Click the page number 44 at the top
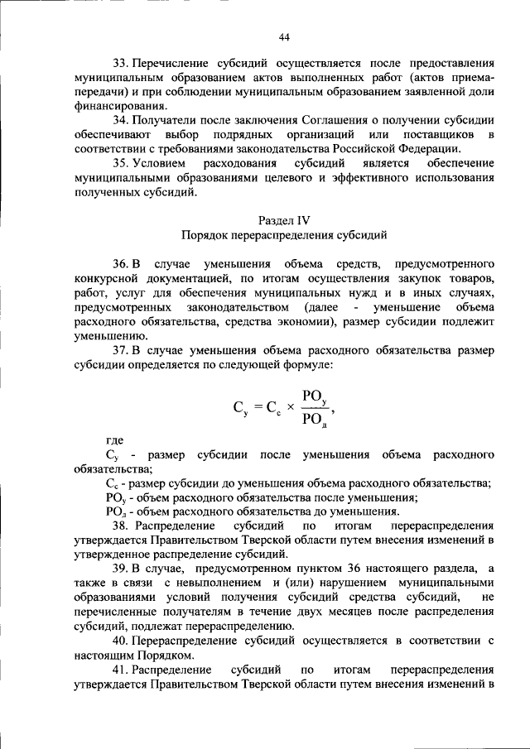tap(284, 37)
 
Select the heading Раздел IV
tap(284, 220)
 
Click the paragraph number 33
tap(120, 63)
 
